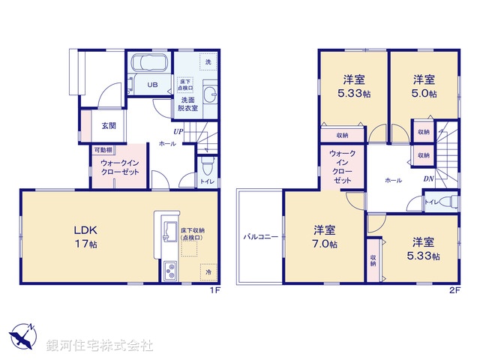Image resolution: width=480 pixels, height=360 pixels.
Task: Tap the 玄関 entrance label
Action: click(109, 125)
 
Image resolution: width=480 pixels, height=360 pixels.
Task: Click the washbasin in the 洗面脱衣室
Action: click(208, 94)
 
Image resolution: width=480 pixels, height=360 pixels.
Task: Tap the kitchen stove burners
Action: click(168, 268)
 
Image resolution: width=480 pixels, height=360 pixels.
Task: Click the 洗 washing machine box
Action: click(208, 61)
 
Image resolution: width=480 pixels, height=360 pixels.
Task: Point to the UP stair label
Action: click(178, 132)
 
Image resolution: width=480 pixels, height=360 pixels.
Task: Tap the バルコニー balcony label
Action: click(260, 236)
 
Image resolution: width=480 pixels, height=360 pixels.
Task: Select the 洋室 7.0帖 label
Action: click(325, 237)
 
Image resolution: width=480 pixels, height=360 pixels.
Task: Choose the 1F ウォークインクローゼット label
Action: click(120, 166)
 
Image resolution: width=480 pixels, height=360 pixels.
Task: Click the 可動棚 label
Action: click(103, 150)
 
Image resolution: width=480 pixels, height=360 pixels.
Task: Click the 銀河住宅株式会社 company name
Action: click(99, 345)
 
